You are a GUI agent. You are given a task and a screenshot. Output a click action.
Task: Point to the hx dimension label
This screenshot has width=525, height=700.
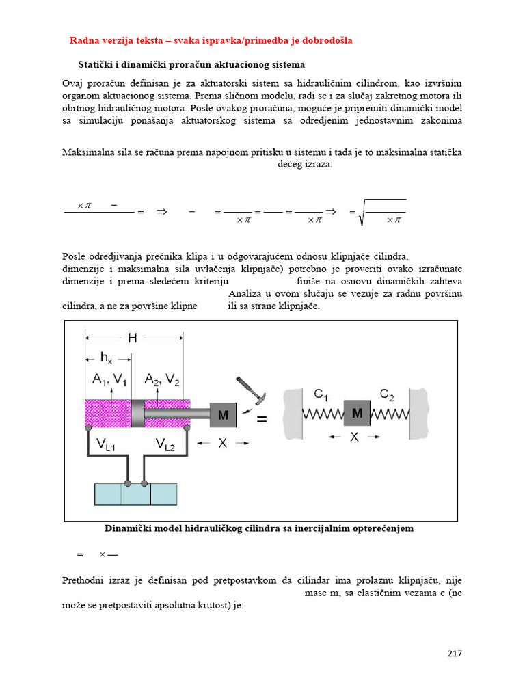point(107,357)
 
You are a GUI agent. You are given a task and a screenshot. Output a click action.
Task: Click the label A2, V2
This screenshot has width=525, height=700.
point(163,379)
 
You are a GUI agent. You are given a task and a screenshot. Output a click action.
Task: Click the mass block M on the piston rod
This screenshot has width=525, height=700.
point(223,415)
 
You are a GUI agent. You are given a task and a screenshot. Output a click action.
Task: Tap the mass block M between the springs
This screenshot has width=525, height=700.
point(357,414)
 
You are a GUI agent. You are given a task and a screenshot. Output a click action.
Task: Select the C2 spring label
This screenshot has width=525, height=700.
point(388,394)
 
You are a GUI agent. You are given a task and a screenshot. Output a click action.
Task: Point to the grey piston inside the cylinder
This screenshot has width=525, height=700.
point(137,413)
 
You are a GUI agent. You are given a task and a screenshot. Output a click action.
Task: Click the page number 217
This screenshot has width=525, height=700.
point(455,653)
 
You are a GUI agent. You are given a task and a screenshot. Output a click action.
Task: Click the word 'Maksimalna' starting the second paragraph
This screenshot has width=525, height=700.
point(88,152)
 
